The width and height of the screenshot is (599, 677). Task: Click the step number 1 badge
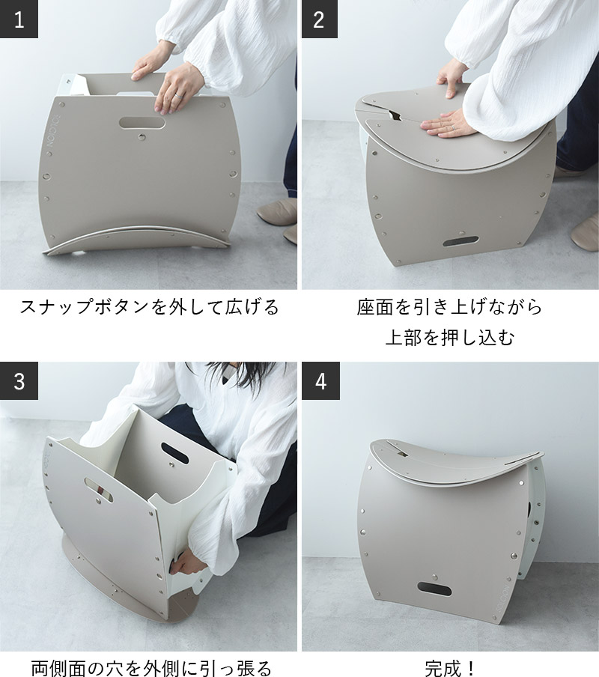click(x=19, y=19)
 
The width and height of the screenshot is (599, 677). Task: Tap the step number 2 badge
click(x=320, y=19)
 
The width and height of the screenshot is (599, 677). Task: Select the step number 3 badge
click(x=19, y=380)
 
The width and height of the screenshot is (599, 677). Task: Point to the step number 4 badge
click(x=320, y=380)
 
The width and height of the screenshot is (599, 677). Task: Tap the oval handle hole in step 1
click(x=142, y=123)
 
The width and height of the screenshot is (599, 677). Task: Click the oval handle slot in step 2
click(x=460, y=241)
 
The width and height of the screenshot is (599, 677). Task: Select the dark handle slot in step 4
click(x=434, y=589)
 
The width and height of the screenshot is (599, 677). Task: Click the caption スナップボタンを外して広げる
click(x=150, y=307)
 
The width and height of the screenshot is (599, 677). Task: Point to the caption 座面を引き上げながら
click(x=449, y=307)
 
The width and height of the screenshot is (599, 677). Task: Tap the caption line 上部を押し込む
click(x=450, y=337)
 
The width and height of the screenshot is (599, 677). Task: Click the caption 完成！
click(x=450, y=668)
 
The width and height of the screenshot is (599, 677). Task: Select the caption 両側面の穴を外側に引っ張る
click(x=151, y=668)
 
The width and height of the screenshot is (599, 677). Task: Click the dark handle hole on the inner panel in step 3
click(x=174, y=453)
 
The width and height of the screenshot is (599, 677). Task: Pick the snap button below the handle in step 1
click(x=142, y=137)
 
